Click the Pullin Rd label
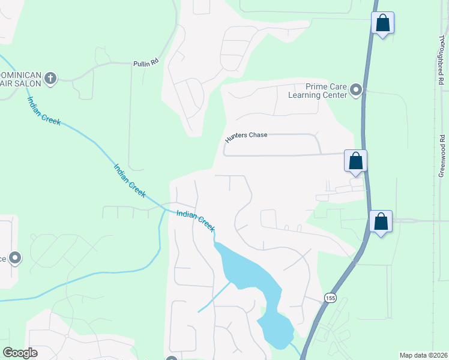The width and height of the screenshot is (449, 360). pyautogui.click(x=145, y=62)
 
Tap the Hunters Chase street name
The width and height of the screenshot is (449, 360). pyautogui.click(x=246, y=137)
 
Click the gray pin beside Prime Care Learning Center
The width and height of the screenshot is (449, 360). pyautogui.click(x=357, y=91)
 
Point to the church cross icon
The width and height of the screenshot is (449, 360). pyautogui.click(x=50, y=78)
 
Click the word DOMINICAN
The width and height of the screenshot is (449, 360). pyautogui.click(x=20, y=75)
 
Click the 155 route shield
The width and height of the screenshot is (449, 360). pyautogui.click(x=330, y=298)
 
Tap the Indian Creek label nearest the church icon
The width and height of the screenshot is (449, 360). pyautogui.click(x=44, y=111)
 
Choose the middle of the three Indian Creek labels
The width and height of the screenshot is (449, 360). pyautogui.click(x=130, y=179)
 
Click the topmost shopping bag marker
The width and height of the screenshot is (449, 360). pyautogui.click(x=382, y=24)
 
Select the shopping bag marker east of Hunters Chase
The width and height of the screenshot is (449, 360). pyautogui.click(x=355, y=161)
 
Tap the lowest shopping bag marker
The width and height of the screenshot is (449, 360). pyautogui.click(x=381, y=222)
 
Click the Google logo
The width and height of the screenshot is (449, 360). pyautogui.click(x=20, y=353)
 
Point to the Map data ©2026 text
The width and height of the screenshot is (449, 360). pyautogui.click(x=423, y=355)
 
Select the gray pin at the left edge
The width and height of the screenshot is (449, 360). pyautogui.click(x=15, y=259)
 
